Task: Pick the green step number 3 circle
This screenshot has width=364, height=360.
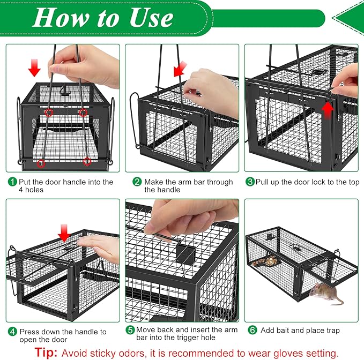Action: pyautogui.click(x=250, y=182)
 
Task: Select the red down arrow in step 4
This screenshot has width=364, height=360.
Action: pyautogui.click(x=64, y=233)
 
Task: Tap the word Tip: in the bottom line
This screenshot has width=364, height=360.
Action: pyautogui.click(x=46, y=352)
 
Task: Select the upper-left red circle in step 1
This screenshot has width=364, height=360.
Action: pyautogui.click(x=49, y=112)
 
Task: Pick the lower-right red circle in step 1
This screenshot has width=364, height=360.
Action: pyautogui.click(x=87, y=161)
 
